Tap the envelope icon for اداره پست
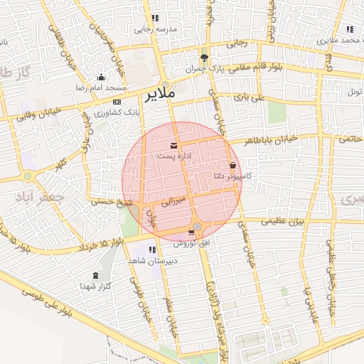point(174,145)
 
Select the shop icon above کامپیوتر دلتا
point(232,165)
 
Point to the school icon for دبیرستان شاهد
point(153,250)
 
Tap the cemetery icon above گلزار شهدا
point(96,275)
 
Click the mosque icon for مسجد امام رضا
point(101,77)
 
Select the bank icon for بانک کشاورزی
point(117,102)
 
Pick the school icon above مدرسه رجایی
point(155,18)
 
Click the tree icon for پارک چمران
point(205,58)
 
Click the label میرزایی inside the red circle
point(175,201)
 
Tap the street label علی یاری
point(250,97)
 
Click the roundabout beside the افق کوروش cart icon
point(197,226)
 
